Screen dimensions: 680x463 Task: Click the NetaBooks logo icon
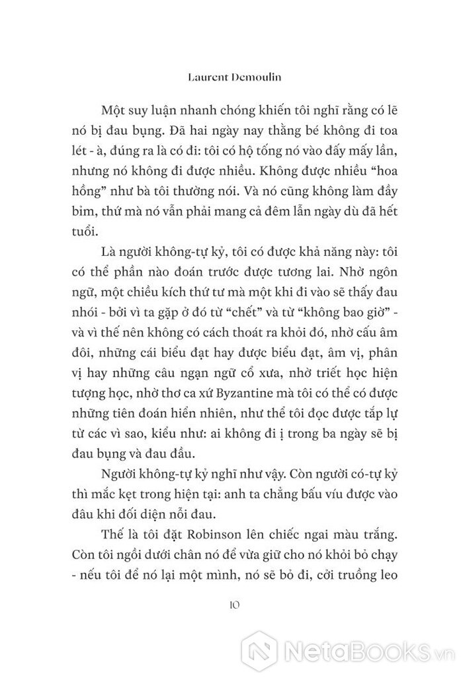[x=262, y=648]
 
